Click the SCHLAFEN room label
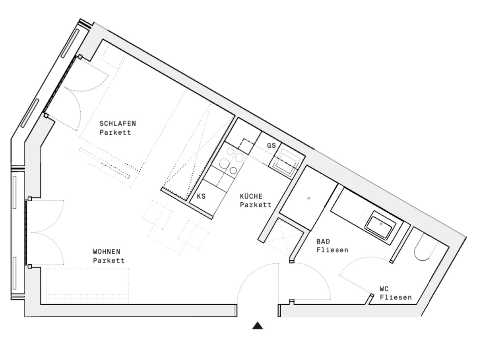(x=118, y=124)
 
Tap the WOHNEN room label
(x=107, y=252)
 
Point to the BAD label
(x=323, y=242)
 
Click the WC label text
(x=384, y=289)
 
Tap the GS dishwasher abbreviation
(x=271, y=145)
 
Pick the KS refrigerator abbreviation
(x=201, y=196)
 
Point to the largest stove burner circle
(x=224, y=163)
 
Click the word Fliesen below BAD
(x=332, y=250)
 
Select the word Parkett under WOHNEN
(x=109, y=260)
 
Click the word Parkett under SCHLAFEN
(x=115, y=132)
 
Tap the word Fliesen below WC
(x=396, y=297)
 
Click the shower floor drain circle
(x=308, y=198)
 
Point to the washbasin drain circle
(x=381, y=224)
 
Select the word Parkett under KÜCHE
(x=256, y=205)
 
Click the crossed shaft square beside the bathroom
(x=283, y=238)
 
